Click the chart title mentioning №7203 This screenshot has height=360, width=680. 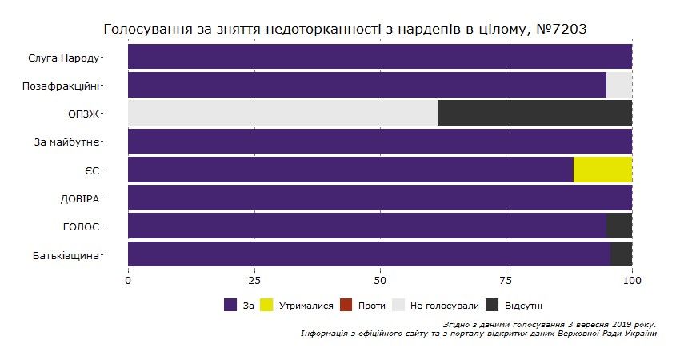pyautogui.click(x=346, y=30)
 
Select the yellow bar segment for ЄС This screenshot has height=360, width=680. pyautogui.click(x=602, y=170)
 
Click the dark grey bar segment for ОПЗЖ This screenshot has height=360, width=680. pyautogui.click(x=534, y=113)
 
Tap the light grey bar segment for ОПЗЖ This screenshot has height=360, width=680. pyautogui.click(x=282, y=113)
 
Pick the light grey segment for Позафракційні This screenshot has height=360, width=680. pyautogui.click(x=618, y=85)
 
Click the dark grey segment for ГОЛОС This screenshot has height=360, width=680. pyautogui.click(x=618, y=226)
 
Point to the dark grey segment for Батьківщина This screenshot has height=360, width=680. pyautogui.click(x=621, y=254)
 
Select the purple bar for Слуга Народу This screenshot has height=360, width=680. pyautogui.click(x=379, y=57)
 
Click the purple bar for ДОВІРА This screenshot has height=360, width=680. pyautogui.click(x=379, y=198)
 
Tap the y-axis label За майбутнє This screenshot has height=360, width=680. pyautogui.click(x=68, y=142)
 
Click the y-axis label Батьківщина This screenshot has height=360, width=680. pyautogui.click(x=68, y=254)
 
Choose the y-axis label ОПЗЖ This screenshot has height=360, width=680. pyautogui.click(x=83, y=114)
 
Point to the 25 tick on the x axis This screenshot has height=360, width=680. pyautogui.click(x=254, y=281)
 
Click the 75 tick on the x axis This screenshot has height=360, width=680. pyautogui.click(x=506, y=281)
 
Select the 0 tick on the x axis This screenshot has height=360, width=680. pyautogui.click(x=128, y=281)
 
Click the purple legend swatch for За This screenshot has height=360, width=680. pyautogui.click(x=231, y=305)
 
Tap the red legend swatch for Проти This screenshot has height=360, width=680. pyautogui.click(x=346, y=305)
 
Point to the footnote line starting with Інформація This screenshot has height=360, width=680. pyautogui.click(x=478, y=333)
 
